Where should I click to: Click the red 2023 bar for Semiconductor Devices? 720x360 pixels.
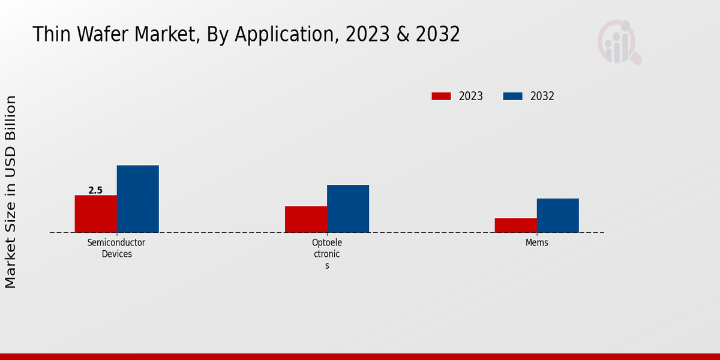95,214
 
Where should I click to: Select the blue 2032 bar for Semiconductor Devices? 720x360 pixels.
137,199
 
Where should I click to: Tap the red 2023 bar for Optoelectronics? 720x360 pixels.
306,219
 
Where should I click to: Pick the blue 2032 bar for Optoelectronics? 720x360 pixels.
348,208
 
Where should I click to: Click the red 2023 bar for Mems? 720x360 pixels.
515,225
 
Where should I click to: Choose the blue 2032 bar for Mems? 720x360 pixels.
557,215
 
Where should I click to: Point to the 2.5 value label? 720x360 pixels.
95,190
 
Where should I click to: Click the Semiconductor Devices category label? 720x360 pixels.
116,248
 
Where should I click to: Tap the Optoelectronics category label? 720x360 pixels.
327,254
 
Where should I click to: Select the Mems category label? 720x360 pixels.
537,243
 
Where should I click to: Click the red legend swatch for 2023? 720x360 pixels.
441,96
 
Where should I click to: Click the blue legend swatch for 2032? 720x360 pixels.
512,96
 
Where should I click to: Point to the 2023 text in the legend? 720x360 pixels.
471,96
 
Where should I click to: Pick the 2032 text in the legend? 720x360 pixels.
542,96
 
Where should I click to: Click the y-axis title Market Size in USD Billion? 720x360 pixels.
11,192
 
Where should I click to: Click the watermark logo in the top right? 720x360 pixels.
619,42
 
